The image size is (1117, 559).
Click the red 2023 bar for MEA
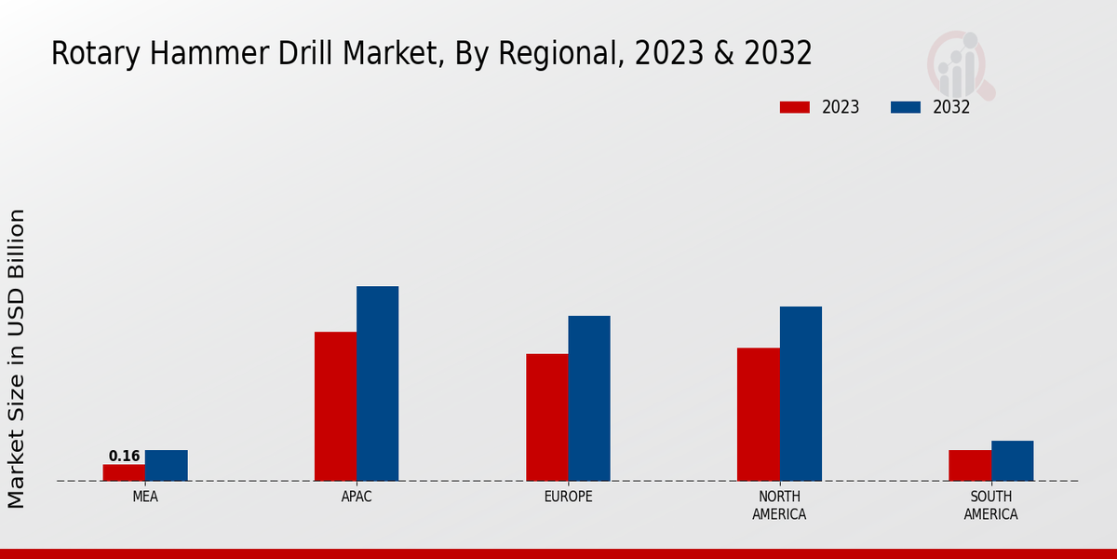(x=124, y=472)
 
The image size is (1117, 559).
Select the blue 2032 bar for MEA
(x=166, y=466)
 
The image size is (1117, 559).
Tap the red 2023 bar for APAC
(x=335, y=406)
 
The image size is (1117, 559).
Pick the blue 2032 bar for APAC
(x=377, y=384)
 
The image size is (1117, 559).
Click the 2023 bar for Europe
(x=546, y=417)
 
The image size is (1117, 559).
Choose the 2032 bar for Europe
(x=589, y=399)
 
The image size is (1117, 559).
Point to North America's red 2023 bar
(x=758, y=415)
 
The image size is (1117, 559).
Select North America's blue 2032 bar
(x=801, y=394)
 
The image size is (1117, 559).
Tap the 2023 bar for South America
(x=969, y=466)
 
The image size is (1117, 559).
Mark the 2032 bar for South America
(x=1012, y=461)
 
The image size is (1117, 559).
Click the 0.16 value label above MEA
(x=124, y=457)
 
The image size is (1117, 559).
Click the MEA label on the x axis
(x=145, y=497)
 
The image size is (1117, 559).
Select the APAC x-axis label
(x=357, y=497)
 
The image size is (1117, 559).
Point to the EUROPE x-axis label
(x=568, y=497)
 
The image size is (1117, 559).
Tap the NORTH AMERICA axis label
(x=779, y=505)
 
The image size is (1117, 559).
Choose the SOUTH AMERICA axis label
(x=990, y=505)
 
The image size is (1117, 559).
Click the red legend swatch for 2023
(x=794, y=107)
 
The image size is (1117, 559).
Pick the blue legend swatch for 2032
(x=905, y=107)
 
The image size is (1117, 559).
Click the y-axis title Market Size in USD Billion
(x=17, y=359)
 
